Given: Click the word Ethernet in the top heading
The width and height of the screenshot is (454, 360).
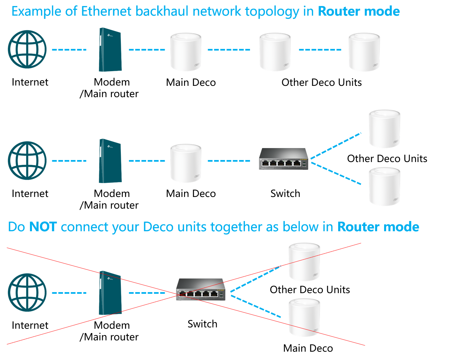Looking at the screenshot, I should (x=106, y=11).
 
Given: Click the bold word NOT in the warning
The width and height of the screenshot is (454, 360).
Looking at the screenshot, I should (x=43, y=227).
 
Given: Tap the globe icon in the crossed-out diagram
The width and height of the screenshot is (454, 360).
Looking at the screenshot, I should (x=27, y=292).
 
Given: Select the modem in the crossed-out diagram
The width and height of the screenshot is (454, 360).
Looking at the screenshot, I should (x=110, y=293).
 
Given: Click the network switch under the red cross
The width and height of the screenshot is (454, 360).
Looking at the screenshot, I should (x=201, y=290).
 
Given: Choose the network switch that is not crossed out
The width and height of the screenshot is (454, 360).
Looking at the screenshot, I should (x=284, y=159).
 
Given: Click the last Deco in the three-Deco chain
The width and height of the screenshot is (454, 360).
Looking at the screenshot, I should (x=364, y=52).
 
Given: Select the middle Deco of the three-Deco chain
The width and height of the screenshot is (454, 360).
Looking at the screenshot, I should (x=275, y=52).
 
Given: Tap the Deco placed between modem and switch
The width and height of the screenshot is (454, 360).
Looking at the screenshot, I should (x=186, y=163).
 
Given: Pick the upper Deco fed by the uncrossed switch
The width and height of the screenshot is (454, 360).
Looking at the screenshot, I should (x=384, y=129).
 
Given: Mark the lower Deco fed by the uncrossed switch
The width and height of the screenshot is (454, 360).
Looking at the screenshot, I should (x=384, y=187).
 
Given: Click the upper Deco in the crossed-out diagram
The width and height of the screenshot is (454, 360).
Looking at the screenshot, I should (x=304, y=262).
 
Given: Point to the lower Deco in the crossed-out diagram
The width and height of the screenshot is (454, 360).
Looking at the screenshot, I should (x=304, y=317).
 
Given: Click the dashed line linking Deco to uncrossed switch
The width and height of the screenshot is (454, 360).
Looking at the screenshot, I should (x=229, y=161).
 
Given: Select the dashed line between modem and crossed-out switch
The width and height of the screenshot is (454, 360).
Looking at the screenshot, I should (x=147, y=293).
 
